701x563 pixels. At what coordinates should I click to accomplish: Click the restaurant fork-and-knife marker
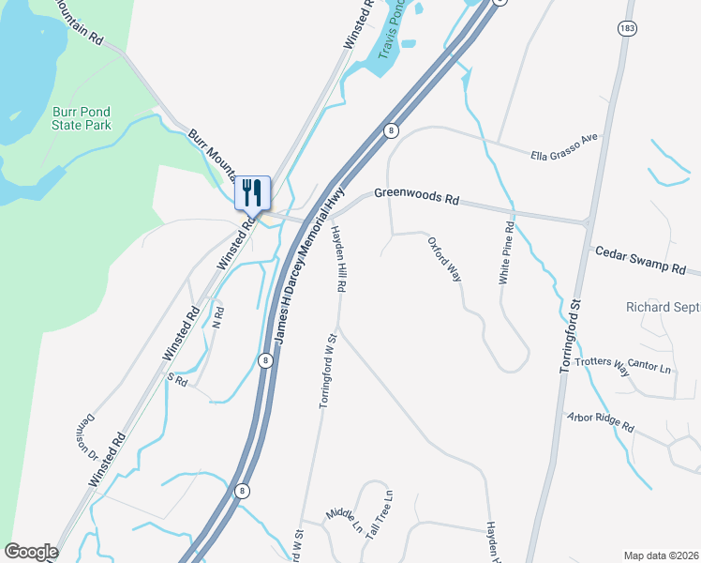pyautogui.click(x=252, y=192)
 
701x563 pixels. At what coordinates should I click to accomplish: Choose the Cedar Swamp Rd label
pyautogui.click(x=640, y=260)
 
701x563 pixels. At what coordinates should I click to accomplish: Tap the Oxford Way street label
pyautogui.click(x=445, y=260)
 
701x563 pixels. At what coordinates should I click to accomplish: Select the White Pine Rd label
pyautogui.click(x=506, y=253)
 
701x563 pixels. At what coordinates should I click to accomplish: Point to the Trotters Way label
pyautogui.click(x=603, y=367)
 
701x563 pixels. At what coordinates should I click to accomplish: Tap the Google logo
pyautogui.click(x=31, y=552)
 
